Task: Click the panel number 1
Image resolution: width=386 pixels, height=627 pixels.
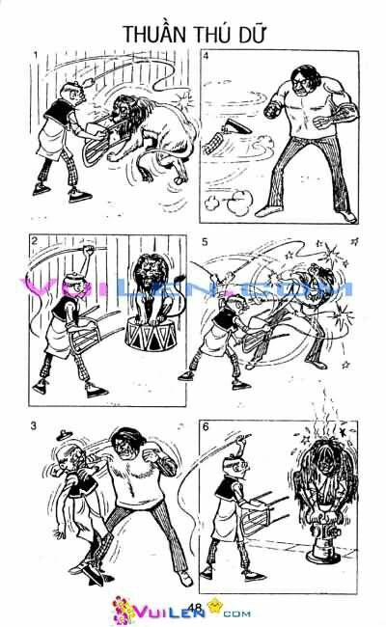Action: [35, 56]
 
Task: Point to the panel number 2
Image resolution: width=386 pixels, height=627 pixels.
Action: [35, 240]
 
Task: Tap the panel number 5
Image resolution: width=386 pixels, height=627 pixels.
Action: [206, 240]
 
